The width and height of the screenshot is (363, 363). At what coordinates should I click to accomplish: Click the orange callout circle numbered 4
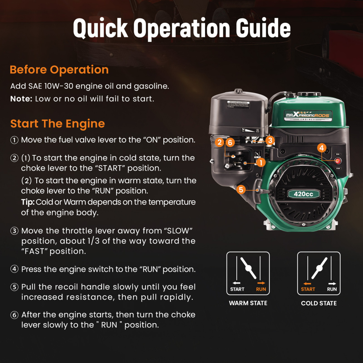tap(321, 148)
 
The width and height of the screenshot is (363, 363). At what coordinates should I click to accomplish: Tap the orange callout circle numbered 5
tap(241, 189)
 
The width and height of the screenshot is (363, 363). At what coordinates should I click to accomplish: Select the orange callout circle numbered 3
tap(269, 140)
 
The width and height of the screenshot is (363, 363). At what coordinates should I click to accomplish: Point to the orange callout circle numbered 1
tap(261, 163)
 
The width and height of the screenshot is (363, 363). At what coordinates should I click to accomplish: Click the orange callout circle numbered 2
tap(219, 142)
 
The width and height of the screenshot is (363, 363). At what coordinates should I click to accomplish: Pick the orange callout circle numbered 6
tap(229, 142)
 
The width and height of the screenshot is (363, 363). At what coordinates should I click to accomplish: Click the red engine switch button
tap(338, 161)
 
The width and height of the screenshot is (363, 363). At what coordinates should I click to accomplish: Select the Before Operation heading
tap(59, 70)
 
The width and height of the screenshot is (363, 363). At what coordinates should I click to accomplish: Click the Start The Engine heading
tap(57, 124)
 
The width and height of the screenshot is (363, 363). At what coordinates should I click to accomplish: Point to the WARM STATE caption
tap(248, 303)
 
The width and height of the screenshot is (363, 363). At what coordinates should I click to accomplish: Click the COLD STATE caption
tap(319, 303)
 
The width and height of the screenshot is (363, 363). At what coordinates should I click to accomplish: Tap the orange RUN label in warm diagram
tap(261, 289)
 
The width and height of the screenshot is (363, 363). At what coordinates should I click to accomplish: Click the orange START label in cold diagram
tap(308, 289)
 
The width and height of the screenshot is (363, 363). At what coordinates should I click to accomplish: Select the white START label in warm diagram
tap(237, 289)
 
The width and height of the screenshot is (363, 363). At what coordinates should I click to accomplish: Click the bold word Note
tap(21, 99)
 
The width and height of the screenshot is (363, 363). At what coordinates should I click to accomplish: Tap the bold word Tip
tap(27, 202)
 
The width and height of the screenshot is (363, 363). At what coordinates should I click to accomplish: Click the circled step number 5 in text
tap(14, 287)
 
